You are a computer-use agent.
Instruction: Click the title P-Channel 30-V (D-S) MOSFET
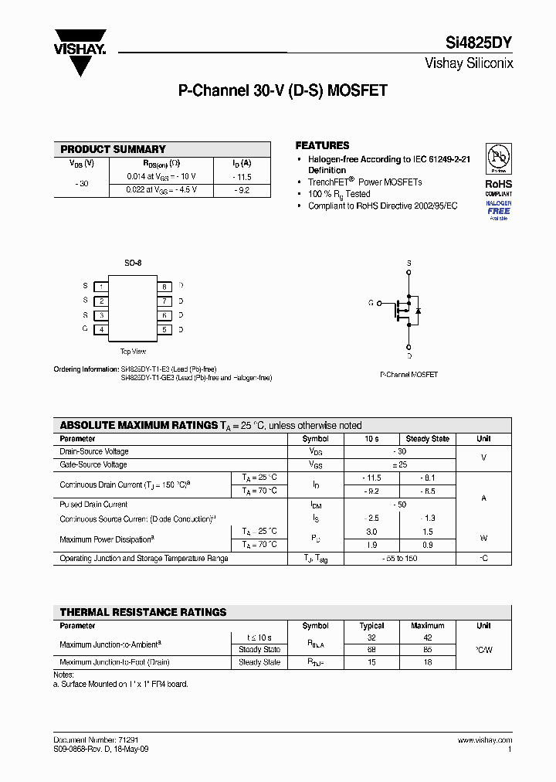click(283, 91)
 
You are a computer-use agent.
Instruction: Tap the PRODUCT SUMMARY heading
click(113, 149)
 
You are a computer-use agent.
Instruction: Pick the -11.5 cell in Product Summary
click(242, 177)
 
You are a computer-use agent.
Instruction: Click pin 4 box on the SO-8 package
click(101, 329)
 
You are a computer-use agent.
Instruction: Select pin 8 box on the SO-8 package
click(164, 287)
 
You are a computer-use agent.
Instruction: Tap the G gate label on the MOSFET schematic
click(371, 303)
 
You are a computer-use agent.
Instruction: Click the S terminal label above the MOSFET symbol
click(409, 263)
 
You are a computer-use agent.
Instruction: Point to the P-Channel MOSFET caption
click(409, 375)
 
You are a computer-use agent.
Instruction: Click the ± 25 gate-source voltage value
click(398, 465)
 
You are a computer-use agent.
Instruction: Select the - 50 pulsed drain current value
click(398, 505)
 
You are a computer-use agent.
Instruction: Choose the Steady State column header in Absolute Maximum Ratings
click(427, 439)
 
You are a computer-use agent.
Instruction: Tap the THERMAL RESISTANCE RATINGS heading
click(143, 612)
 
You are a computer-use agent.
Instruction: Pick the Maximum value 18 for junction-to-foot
click(428, 662)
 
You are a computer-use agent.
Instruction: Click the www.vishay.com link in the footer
click(484, 739)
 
